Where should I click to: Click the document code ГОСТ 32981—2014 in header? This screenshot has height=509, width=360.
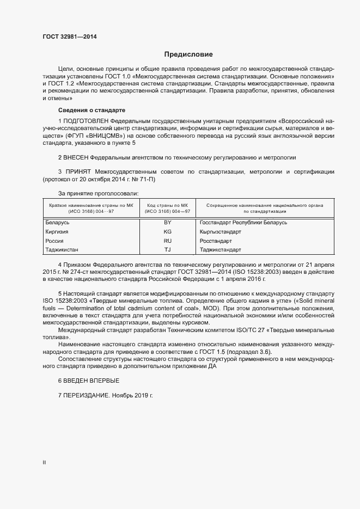[70, 37]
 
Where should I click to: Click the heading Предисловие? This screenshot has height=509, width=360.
[189, 54]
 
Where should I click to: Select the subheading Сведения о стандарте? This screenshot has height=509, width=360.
[83, 110]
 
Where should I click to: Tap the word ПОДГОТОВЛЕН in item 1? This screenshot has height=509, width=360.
[86, 120]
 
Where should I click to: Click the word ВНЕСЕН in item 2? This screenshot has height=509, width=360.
[76, 157]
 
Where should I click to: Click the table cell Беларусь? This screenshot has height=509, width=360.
[57, 222]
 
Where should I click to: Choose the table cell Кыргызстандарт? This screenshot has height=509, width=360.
[222, 231]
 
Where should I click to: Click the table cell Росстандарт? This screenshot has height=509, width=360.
[216, 241]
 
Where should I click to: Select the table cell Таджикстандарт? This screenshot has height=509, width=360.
[221, 250]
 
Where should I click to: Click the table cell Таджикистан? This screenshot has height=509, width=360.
[62, 250]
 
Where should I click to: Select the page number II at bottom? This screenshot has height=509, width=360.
[44, 462]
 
